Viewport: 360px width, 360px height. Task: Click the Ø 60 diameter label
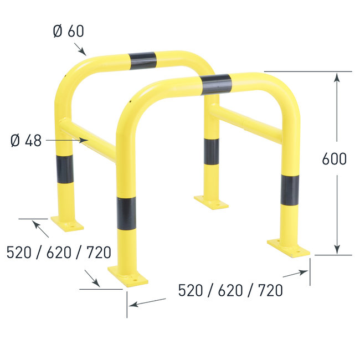[x=69, y=31]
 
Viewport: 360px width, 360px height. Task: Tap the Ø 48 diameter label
[x=26, y=141]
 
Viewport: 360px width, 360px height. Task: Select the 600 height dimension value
[x=334, y=159]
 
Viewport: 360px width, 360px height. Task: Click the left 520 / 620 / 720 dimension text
[x=59, y=253]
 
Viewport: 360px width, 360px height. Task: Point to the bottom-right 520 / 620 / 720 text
[x=230, y=290]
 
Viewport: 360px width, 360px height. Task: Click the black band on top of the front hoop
[x=217, y=84]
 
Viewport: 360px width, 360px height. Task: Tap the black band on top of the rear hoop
[x=142, y=60]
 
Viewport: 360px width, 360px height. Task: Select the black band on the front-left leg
[x=126, y=214]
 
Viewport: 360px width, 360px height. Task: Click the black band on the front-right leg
[x=290, y=190]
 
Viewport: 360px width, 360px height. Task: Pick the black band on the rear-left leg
[x=64, y=169]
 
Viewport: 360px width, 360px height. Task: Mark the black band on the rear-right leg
[x=210, y=151]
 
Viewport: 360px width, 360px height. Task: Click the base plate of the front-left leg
[x=128, y=275]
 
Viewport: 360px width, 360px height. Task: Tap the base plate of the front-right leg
[x=289, y=248]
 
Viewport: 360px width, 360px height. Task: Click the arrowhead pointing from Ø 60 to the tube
[x=84, y=53]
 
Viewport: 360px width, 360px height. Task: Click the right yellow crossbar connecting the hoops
[x=246, y=124]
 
